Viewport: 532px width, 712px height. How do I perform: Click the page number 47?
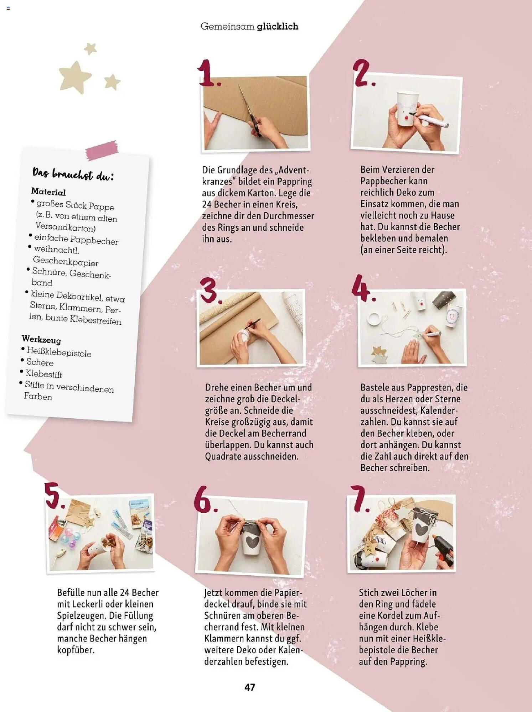tap(250, 687)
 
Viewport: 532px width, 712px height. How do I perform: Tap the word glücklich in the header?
tap(278, 27)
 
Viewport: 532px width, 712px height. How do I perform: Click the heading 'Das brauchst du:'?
tap(73, 174)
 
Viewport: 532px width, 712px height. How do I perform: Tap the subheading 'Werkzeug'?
tap(41, 339)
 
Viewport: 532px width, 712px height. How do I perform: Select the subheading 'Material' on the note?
tap(48, 192)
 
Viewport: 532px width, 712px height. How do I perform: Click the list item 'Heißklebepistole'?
tap(59, 352)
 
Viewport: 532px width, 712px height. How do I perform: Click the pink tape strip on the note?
tap(102, 150)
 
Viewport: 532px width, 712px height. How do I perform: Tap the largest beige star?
tap(75, 77)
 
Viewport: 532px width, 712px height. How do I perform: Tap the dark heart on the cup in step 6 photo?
tap(253, 542)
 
